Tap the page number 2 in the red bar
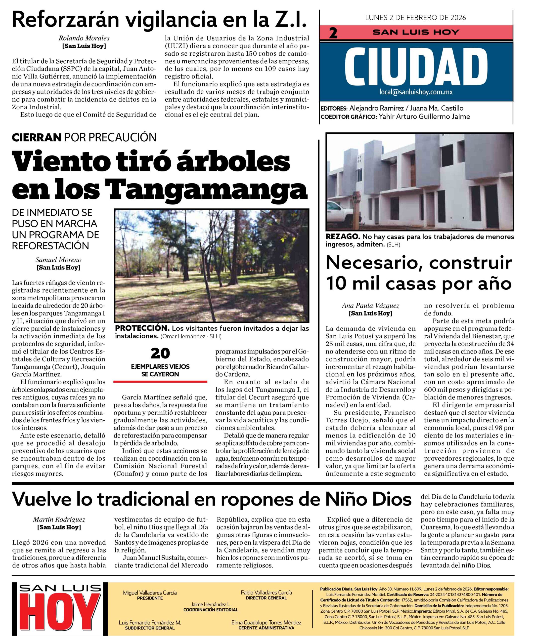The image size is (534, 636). click(x=333, y=33)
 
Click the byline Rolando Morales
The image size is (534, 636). click(x=84, y=38)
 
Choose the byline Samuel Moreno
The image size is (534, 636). click(x=58, y=260)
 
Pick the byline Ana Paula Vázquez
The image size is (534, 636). click(x=370, y=306)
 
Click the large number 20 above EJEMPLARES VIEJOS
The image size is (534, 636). click(x=160, y=354)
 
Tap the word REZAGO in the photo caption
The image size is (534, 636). click(x=342, y=237)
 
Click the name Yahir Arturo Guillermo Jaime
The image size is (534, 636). click(x=424, y=116)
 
